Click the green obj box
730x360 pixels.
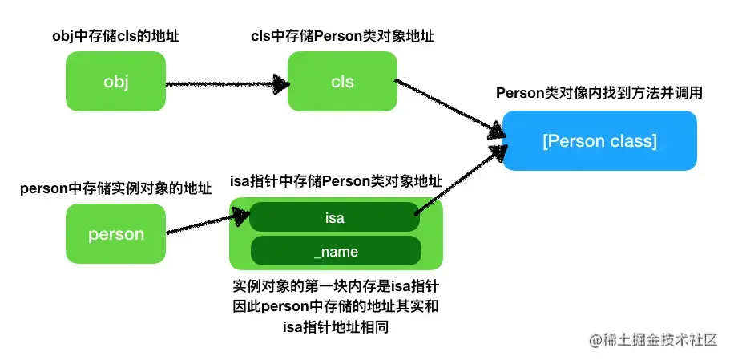point(116,81)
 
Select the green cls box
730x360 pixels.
point(342,81)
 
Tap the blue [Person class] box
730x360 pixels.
point(599,141)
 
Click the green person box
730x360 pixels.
point(116,234)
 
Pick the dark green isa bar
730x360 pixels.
point(335,216)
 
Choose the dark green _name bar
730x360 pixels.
point(335,252)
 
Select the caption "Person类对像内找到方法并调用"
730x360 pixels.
point(599,93)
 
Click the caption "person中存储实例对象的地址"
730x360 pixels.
point(116,189)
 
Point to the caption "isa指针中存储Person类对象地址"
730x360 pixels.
point(336,181)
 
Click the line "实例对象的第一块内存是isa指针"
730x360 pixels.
point(336,286)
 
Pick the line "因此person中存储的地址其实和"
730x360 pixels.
point(336,306)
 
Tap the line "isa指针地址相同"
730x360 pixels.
point(336,326)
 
